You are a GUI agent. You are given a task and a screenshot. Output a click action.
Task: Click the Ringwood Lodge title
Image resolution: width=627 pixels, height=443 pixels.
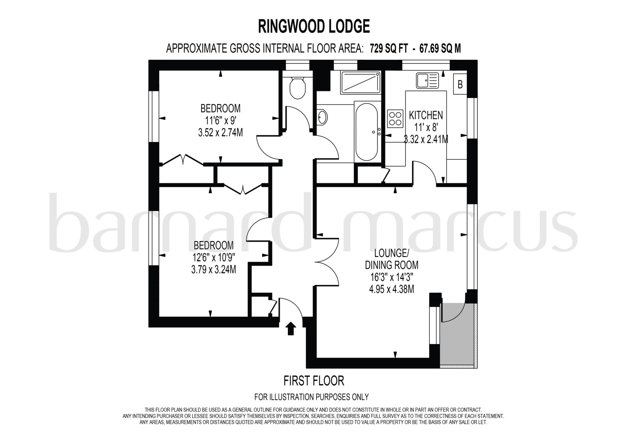(x=314, y=26)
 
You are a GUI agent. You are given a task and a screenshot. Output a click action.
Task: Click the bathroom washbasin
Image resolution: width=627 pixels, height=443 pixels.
(x=322, y=117)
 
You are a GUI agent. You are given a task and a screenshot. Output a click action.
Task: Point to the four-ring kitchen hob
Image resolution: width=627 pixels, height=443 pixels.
(x=395, y=119)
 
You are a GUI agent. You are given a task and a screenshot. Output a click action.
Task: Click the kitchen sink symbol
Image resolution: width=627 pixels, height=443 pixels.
(x=427, y=80)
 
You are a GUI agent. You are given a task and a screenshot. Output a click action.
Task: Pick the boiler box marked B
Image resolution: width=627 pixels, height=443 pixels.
(x=460, y=84)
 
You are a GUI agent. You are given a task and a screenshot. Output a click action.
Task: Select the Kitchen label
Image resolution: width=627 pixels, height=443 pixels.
(x=426, y=115)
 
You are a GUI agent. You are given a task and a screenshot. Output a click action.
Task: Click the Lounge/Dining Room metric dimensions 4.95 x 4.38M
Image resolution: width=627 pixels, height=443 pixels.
(x=392, y=289)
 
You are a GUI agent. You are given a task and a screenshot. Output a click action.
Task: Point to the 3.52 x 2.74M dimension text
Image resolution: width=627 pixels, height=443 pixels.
(x=220, y=133)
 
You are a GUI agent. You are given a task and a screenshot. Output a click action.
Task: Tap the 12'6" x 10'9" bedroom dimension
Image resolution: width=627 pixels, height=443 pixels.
(x=214, y=257)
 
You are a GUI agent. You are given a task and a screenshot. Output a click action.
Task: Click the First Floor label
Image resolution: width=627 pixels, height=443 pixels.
(x=314, y=381)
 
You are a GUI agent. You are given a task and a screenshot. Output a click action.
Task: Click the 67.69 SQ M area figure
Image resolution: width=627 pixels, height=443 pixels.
(x=440, y=48)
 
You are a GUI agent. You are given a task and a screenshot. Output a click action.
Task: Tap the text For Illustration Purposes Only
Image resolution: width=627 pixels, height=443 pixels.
(x=311, y=397)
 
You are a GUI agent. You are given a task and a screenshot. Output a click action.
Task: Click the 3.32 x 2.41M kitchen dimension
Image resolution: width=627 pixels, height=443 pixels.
(x=426, y=139)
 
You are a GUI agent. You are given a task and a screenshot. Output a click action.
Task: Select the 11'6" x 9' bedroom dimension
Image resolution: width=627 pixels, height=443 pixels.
(x=220, y=120)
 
